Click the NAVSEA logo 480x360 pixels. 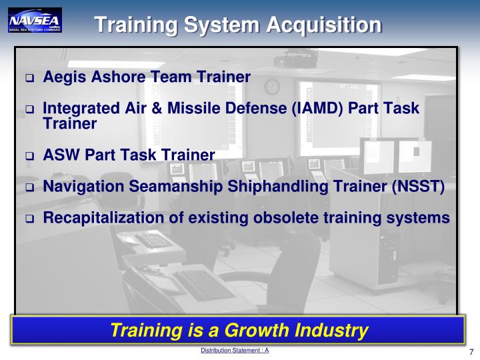coord(35,21)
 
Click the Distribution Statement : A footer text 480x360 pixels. coord(235,350)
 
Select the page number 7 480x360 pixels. coord(471,352)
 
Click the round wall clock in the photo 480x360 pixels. coord(272,87)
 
